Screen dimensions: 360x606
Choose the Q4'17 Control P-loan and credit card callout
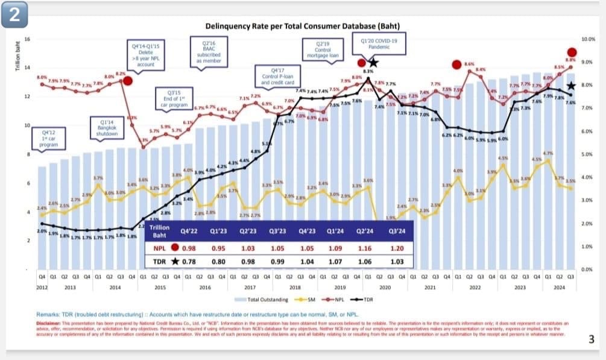coord(282,77)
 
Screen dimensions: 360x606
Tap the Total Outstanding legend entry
coord(257,299)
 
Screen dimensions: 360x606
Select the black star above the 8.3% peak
coord(373,63)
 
